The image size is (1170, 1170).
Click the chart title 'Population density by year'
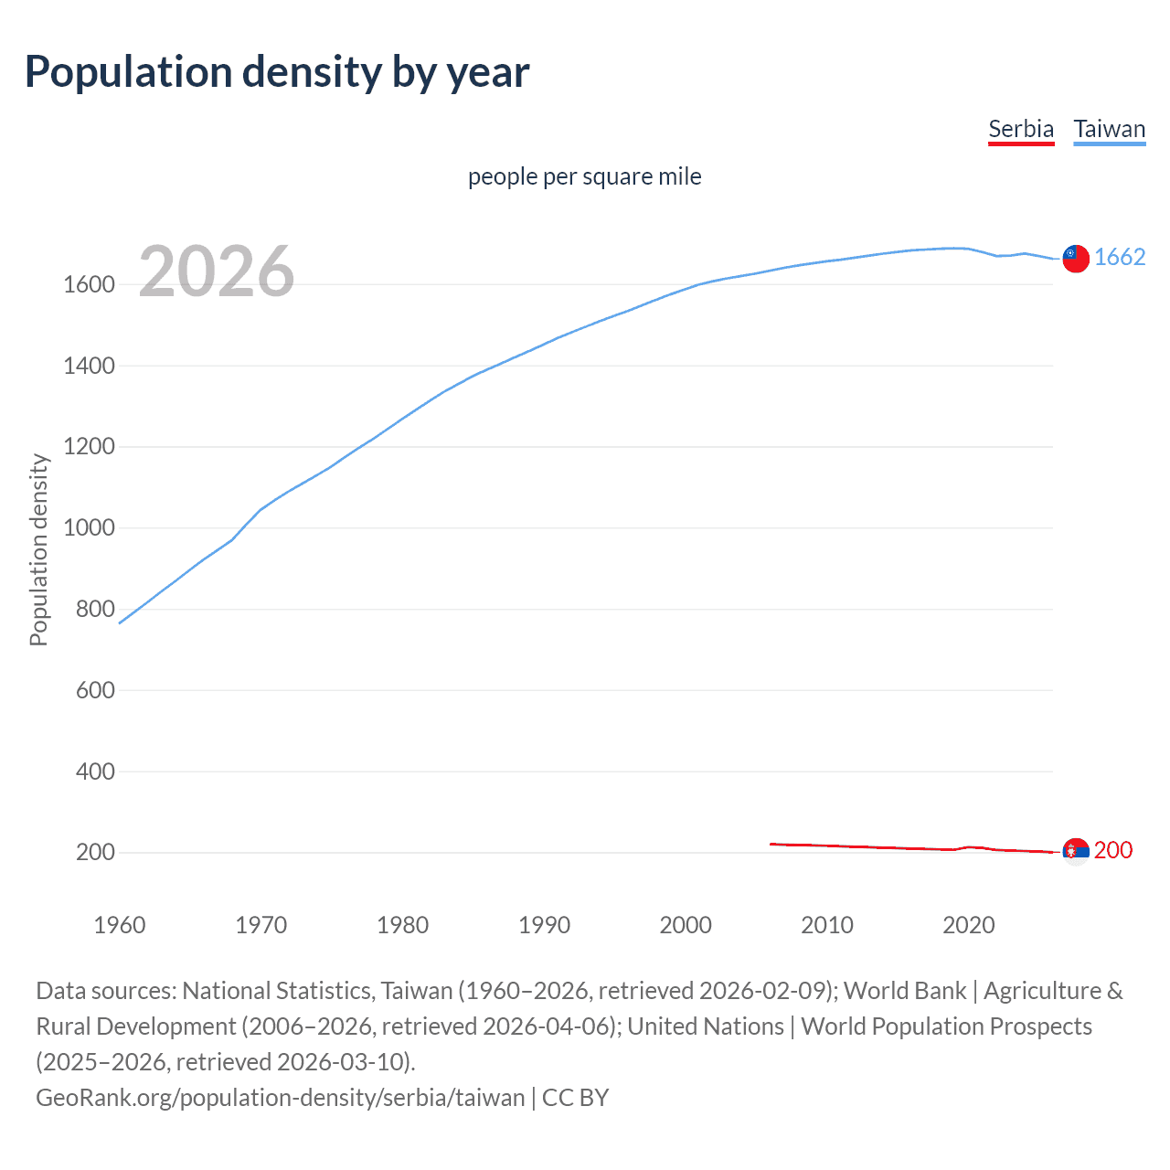tap(277, 72)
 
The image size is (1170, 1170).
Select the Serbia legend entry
tap(1021, 129)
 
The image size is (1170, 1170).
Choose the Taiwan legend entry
tap(1109, 129)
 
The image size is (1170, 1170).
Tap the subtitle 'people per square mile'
tap(584, 176)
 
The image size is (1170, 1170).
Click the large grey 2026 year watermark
tap(217, 271)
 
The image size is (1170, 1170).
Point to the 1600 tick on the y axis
tap(89, 284)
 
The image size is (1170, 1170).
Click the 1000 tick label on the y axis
tap(89, 528)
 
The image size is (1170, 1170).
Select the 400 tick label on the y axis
tap(95, 771)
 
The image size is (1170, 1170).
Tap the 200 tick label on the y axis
tap(95, 853)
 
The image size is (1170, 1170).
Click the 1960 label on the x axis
tap(120, 925)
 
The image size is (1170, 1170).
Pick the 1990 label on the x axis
tap(544, 925)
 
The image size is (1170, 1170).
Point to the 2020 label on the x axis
tap(968, 925)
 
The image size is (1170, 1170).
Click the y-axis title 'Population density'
tap(38, 550)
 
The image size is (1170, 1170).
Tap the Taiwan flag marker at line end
tap(1076, 259)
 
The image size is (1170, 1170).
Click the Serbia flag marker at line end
tap(1076, 851)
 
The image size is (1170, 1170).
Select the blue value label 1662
tap(1120, 257)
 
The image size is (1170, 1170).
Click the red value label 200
tap(1113, 850)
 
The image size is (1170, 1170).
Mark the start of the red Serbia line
tap(771, 844)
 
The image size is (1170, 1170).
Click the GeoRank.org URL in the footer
tap(280, 1097)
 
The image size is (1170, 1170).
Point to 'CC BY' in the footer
tap(575, 1097)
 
